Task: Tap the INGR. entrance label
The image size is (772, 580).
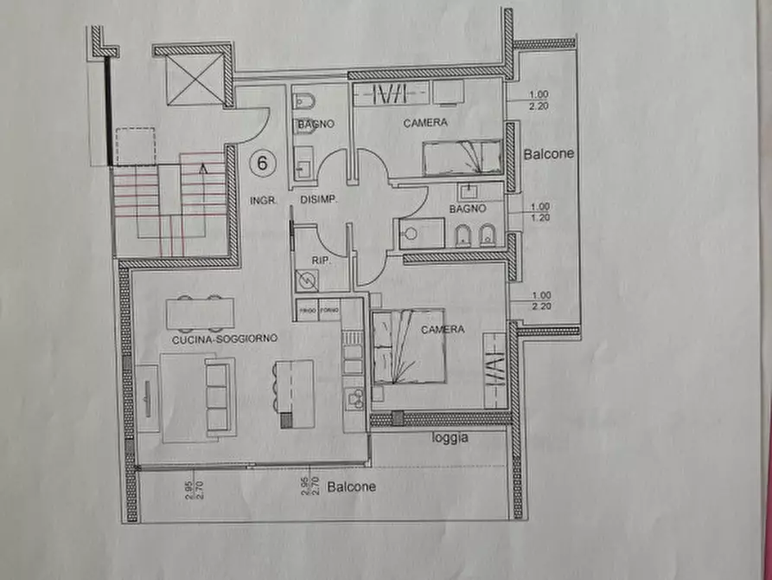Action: (263, 201)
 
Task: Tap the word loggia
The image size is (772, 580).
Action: (450, 438)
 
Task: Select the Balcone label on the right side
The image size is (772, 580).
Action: (549, 154)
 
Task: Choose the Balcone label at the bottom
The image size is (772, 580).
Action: (352, 487)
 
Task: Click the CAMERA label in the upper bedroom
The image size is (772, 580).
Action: (425, 123)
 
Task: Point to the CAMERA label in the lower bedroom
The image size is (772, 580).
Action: (443, 330)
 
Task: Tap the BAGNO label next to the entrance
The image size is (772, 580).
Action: (316, 125)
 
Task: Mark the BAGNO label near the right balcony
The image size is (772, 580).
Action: (468, 209)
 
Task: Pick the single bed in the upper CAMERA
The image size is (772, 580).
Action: (461, 158)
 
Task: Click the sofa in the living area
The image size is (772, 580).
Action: (217, 397)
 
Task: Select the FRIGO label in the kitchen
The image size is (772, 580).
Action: (307, 309)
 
